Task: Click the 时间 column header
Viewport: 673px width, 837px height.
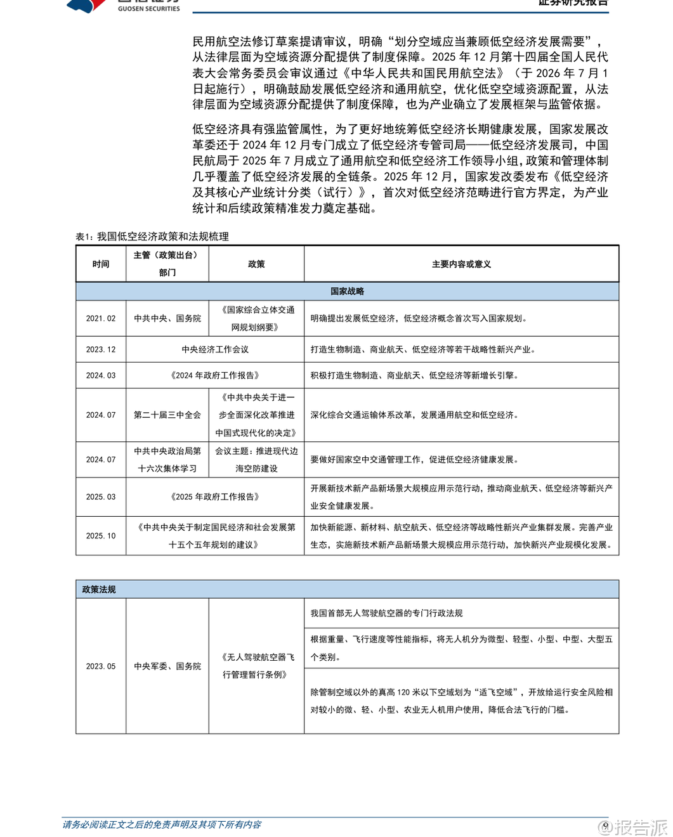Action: point(101,264)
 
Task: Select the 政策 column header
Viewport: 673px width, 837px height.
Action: point(256,264)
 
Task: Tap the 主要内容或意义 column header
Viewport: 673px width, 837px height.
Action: point(461,264)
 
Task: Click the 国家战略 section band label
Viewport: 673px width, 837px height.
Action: point(347,291)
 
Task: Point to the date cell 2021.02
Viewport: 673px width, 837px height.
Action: point(101,318)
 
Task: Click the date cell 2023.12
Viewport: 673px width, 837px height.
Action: point(101,349)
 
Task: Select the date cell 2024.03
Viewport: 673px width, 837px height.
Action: point(101,375)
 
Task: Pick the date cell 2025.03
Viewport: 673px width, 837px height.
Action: point(101,497)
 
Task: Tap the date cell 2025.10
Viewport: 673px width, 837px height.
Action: point(101,536)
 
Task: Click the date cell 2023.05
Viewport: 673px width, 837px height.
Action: point(101,666)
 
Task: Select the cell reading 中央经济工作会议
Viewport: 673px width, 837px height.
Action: point(215,349)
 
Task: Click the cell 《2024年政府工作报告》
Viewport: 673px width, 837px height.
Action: point(215,375)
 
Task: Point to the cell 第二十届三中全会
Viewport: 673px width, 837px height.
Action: point(167,415)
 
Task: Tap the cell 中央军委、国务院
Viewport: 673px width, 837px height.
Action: point(167,666)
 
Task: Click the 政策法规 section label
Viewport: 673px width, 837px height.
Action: point(99,589)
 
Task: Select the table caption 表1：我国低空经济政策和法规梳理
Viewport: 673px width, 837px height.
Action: point(152,237)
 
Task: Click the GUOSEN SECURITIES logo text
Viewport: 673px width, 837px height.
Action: point(148,8)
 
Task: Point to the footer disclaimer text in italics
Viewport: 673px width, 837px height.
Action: point(162,824)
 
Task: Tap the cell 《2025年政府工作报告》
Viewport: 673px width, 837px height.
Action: point(215,497)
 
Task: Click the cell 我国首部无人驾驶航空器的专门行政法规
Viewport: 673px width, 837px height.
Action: point(386,613)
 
